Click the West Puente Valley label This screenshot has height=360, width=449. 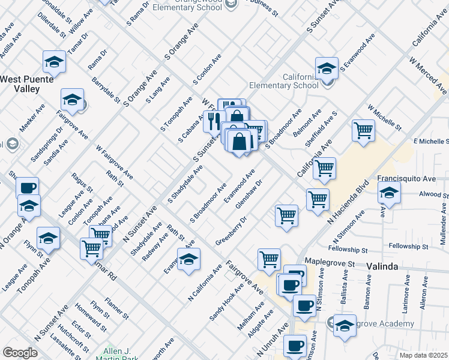(27, 84)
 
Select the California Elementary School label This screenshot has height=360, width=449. (284, 81)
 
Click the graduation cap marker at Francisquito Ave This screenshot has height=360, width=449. (389, 193)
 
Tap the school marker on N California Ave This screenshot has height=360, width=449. (189, 259)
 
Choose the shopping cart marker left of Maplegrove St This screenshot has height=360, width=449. (269, 259)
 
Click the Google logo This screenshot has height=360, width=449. (20, 353)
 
